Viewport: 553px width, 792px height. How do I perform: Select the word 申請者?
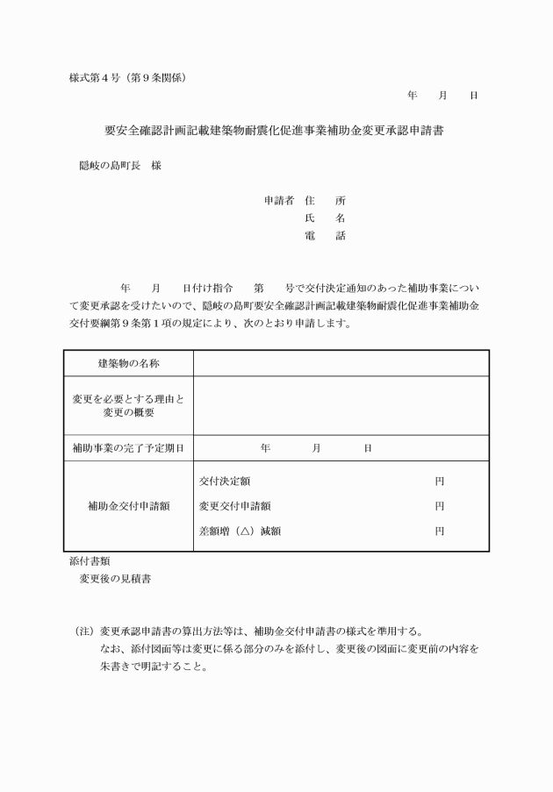278,200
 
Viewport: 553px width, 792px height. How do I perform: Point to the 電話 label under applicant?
325,235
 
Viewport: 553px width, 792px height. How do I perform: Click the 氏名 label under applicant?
325,218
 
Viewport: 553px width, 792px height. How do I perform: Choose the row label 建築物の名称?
128,363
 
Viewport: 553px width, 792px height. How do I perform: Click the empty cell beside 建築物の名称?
341,363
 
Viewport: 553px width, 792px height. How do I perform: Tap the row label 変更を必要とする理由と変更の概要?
128,406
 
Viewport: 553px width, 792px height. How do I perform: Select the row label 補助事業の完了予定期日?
128,448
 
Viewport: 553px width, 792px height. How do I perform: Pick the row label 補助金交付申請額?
128,506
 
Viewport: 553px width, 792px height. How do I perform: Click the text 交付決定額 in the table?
224,482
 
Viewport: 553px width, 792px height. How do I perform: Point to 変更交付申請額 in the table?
234,506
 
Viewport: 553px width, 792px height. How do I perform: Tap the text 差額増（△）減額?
240,531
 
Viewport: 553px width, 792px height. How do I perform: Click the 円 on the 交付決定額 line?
439,482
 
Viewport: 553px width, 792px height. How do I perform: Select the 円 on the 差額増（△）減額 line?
439,531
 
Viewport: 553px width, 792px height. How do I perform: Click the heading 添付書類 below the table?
90,560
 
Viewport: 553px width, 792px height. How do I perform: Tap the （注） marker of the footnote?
84,631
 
